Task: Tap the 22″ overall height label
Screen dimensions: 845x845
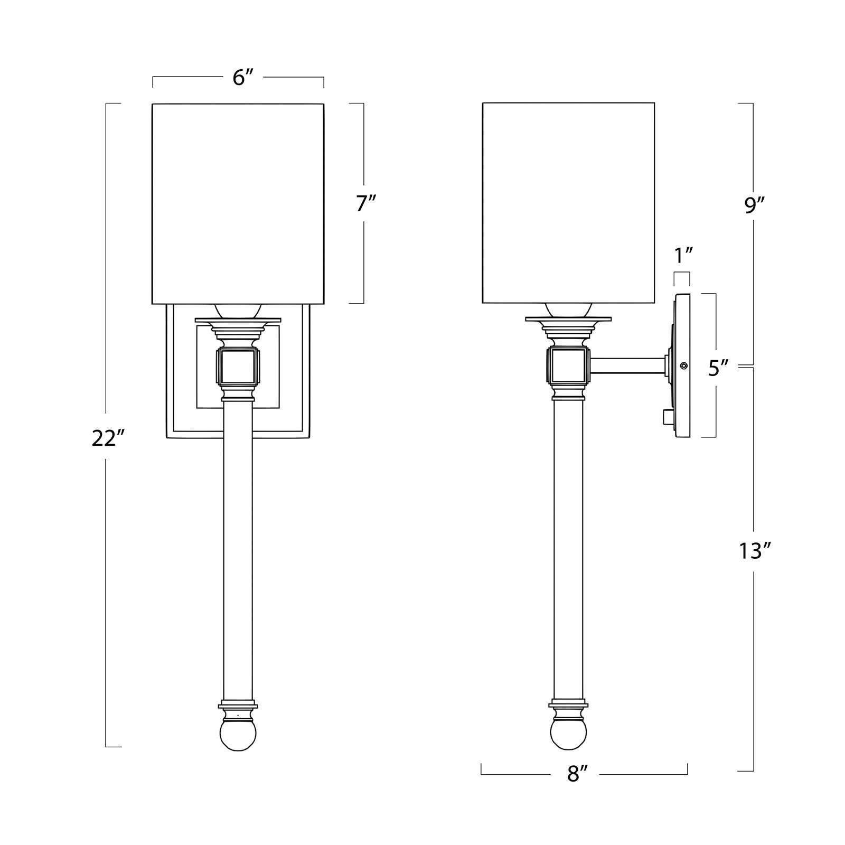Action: [107, 438]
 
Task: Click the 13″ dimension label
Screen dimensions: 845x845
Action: [756, 551]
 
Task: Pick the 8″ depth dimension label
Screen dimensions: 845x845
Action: [577, 774]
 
